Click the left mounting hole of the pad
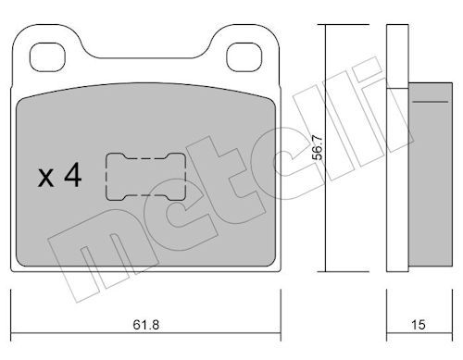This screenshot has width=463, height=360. [47, 57]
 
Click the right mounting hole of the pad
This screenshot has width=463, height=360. [244, 57]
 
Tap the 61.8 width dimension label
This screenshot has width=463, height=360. [146, 325]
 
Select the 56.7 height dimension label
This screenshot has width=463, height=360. [318, 148]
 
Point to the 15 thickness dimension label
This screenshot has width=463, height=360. [419, 325]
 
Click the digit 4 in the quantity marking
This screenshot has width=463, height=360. [73, 175]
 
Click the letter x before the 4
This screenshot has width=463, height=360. [45, 179]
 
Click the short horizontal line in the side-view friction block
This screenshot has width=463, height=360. [431, 102]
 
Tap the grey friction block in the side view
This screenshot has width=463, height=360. [431, 174]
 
